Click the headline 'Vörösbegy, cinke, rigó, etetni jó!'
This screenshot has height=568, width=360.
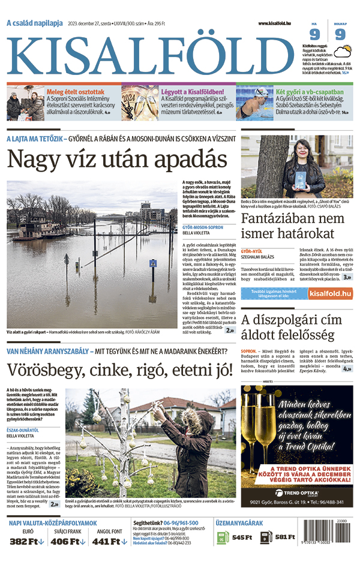point(120,369)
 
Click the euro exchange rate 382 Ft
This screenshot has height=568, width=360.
point(28,542)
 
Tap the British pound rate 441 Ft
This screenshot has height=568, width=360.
point(109,542)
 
